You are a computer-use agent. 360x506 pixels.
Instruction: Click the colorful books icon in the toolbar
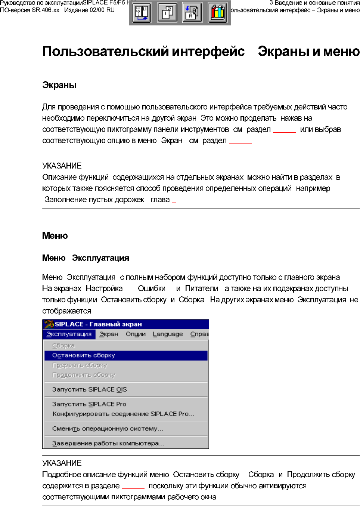pyautogui.click(x=218, y=13)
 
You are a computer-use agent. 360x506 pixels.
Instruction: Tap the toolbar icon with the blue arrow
pyautogui.click(x=192, y=13)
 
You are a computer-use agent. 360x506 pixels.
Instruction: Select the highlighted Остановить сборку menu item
pyautogui.click(x=84, y=355)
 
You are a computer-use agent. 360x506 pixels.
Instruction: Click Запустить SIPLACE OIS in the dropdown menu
pyautogui.click(x=90, y=389)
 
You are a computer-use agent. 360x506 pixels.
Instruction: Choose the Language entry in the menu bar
pyautogui.click(x=168, y=334)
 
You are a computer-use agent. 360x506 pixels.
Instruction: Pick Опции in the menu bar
pyautogui.click(x=136, y=334)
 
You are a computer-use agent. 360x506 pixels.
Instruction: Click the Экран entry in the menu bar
pyautogui.click(x=109, y=334)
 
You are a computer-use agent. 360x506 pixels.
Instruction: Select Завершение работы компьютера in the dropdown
pyautogui.click(x=108, y=443)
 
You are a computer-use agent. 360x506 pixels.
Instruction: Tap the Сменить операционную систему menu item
pyautogui.click(x=108, y=429)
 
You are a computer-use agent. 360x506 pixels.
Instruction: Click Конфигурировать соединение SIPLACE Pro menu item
pyautogui.click(x=123, y=414)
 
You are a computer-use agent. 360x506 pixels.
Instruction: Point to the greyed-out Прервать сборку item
pyautogui.click(x=80, y=365)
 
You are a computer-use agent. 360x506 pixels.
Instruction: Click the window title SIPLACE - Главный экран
pyautogui.click(x=98, y=324)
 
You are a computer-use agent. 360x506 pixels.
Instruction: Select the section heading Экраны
pyautogui.click(x=59, y=85)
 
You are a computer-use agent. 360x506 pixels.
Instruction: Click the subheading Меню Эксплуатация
pyautogui.click(x=86, y=258)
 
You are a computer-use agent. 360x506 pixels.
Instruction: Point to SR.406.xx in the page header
pyautogui.click(x=46, y=10)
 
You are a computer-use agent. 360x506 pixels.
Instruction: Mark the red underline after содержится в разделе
pyautogui.click(x=133, y=488)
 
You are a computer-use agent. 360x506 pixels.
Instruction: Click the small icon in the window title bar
pyautogui.click(x=49, y=324)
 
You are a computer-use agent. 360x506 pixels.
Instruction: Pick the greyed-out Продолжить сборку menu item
pyautogui.click(x=84, y=375)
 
